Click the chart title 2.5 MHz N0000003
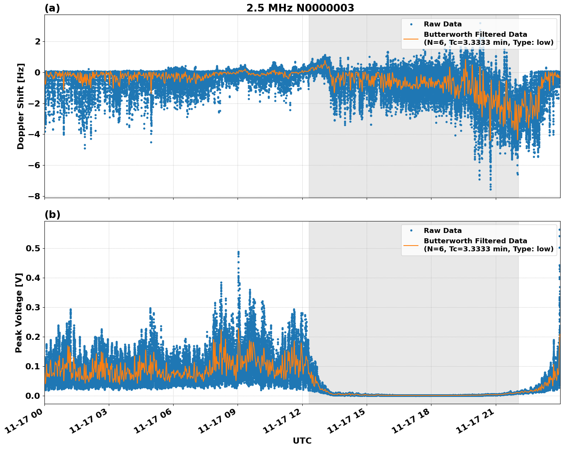pos(300,8)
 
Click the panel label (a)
pos(52,8)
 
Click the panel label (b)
pos(52,215)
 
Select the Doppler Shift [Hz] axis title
pos(21,106)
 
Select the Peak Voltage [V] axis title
pos(19,313)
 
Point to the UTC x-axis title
pos(302,441)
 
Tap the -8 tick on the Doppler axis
pos(34,197)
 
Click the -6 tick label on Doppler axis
pos(34,166)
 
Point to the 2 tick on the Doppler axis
pos(38,41)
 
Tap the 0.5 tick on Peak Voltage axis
pos(33,249)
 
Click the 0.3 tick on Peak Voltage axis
pos(33,308)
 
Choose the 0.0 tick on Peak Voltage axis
pos(33,396)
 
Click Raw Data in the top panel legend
pos(443,24)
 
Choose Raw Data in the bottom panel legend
pos(443,231)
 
